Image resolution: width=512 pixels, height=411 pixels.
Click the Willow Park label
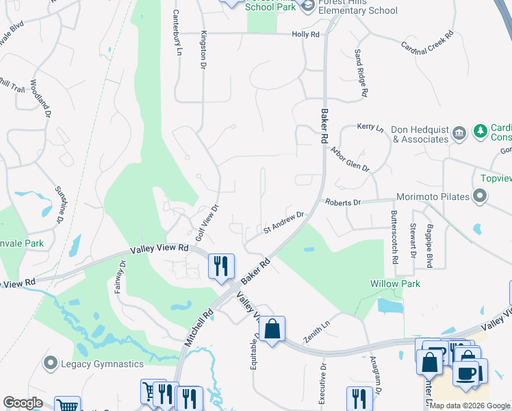pyautogui.click(x=395, y=283)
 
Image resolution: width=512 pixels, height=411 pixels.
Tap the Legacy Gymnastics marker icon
pyautogui.click(x=49, y=363)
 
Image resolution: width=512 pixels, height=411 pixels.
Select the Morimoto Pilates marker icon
pyautogui.click(x=480, y=197)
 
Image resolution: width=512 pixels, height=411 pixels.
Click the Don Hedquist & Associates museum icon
pyautogui.click(x=459, y=132)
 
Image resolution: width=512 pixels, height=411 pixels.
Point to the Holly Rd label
pyautogui.click(x=305, y=34)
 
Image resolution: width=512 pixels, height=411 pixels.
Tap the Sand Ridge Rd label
pyautogui.click(x=361, y=73)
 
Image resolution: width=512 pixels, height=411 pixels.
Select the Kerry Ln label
pyautogui.click(x=370, y=127)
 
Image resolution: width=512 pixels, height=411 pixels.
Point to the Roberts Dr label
pyautogui.click(x=343, y=203)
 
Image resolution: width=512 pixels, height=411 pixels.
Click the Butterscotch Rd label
pyautogui.click(x=395, y=238)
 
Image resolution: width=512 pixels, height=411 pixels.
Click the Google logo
pyautogui.click(x=23, y=403)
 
